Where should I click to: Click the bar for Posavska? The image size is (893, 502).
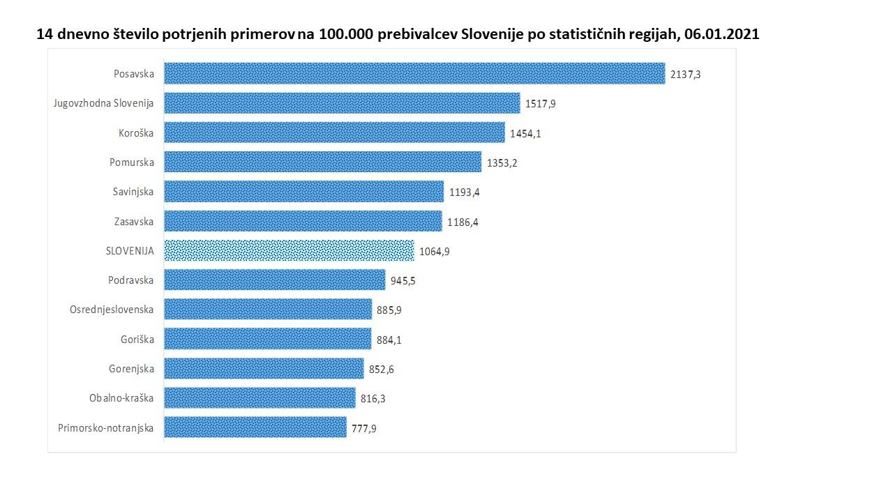coord(414,73)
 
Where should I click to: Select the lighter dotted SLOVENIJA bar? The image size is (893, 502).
coord(289,250)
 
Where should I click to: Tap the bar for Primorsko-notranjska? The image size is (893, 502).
coord(255,427)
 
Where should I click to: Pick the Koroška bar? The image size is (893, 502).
coord(334,132)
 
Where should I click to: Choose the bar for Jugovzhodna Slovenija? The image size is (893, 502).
coord(342,103)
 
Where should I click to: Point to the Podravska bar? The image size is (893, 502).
coord(274,280)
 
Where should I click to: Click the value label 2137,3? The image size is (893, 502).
coord(685,74)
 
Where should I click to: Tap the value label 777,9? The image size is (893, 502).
coord(364,428)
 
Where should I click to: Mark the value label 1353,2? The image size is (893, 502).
coord(502,162)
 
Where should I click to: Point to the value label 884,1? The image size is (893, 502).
coord(389,340)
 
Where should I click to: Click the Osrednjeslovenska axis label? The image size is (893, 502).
coord(112,310)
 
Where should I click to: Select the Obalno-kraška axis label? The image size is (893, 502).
coord(121,398)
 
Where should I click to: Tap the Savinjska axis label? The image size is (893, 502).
coord(133,192)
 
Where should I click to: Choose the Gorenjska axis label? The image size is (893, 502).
coord(131,369)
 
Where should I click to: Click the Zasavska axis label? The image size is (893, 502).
coord(134,222)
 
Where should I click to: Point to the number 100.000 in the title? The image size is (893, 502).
coord(346,34)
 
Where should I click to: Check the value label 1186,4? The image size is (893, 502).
coord(463,222)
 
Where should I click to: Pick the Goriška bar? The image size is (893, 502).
coord(267,339)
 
